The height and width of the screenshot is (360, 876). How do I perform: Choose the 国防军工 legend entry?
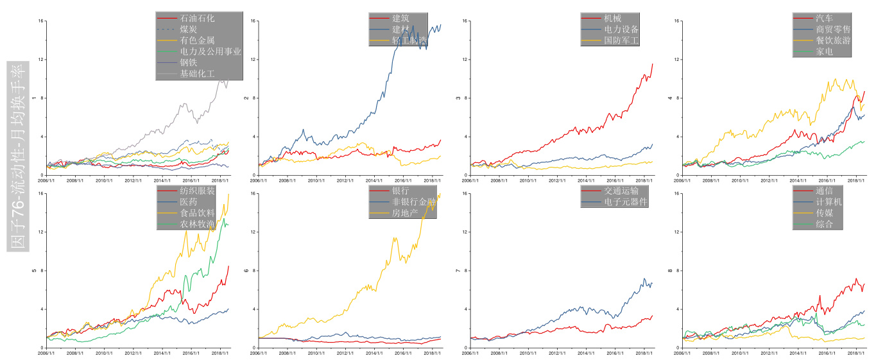pos(621,40)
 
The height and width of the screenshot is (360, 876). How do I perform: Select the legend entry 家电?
pos(824,51)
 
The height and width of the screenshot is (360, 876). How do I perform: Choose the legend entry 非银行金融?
pos(413,202)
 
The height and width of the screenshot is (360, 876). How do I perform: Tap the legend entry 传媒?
pos(824,213)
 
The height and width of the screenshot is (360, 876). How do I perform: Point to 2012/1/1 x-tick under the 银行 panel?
pos(346,352)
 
